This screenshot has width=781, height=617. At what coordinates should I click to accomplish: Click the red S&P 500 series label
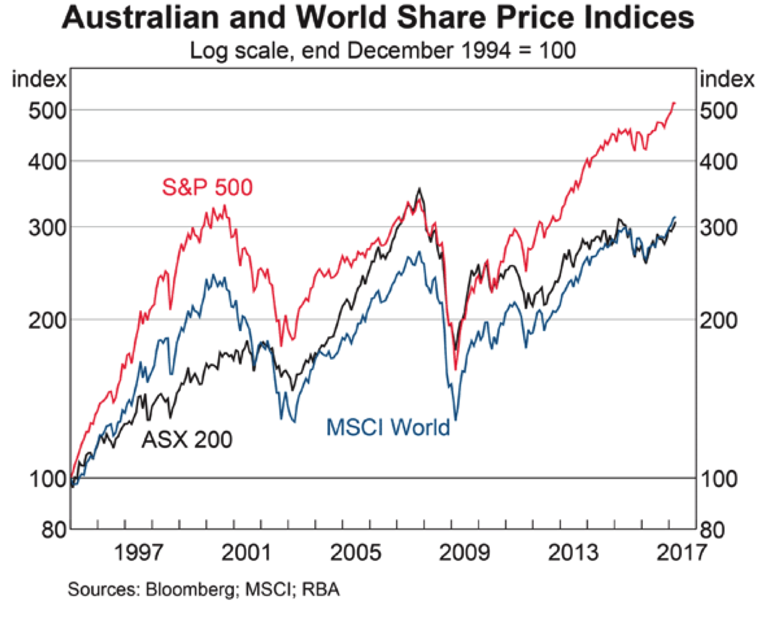(207, 187)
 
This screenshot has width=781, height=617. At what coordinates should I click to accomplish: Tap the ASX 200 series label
(187, 439)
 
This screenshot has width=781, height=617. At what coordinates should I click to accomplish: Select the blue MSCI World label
(388, 427)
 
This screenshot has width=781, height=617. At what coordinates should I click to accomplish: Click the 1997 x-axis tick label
(139, 553)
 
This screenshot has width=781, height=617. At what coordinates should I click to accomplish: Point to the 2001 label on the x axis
(246, 553)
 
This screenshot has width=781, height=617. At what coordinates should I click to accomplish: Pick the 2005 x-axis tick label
(355, 553)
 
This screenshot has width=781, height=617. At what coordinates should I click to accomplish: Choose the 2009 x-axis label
(464, 553)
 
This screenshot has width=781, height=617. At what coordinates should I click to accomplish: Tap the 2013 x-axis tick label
(573, 553)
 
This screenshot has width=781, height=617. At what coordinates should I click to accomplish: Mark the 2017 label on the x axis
(681, 553)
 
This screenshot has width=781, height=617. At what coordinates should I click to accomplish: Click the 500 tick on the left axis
(47, 111)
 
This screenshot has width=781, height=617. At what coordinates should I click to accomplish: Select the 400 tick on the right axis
(719, 162)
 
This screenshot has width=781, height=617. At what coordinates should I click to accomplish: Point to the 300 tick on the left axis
(47, 227)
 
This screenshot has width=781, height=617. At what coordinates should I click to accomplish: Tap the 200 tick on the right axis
(719, 320)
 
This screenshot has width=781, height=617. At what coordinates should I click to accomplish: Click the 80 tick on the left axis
(54, 530)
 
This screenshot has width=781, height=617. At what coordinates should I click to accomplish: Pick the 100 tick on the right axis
(719, 479)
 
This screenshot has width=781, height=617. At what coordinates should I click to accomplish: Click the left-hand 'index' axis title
(39, 79)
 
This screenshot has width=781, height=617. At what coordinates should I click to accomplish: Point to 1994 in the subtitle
(486, 49)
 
